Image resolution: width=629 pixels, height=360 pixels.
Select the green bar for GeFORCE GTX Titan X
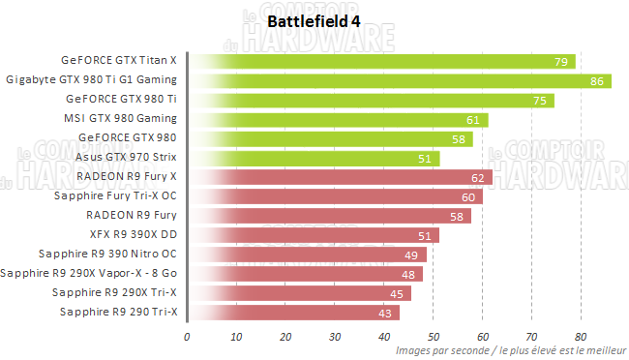click(x=382, y=61)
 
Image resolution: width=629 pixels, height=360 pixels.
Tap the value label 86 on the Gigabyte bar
click(x=595, y=80)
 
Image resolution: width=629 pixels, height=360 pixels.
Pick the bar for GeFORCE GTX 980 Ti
click(x=372, y=100)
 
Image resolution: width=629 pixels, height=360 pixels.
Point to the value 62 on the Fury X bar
click(x=477, y=177)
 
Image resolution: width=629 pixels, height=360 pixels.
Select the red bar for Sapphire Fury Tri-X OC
click(x=335, y=196)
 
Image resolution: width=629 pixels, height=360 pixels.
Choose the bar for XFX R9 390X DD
click(x=314, y=234)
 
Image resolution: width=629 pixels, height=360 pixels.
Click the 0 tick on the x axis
click(x=188, y=337)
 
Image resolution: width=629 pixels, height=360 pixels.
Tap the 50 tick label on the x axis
click(x=433, y=337)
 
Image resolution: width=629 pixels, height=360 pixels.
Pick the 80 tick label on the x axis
click(x=581, y=337)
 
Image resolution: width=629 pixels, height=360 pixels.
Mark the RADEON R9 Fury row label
click(x=131, y=215)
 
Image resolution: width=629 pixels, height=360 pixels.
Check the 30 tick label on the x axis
click(x=335, y=337)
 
